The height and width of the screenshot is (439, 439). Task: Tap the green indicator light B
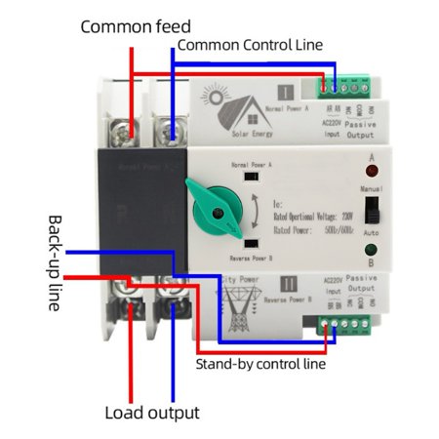point(371,259)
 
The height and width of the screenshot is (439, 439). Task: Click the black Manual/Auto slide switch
point(371,213)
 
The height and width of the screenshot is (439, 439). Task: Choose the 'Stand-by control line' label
point(259,365)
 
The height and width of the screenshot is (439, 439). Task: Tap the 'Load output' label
point(152,413)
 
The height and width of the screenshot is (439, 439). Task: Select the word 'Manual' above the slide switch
point(371,185)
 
